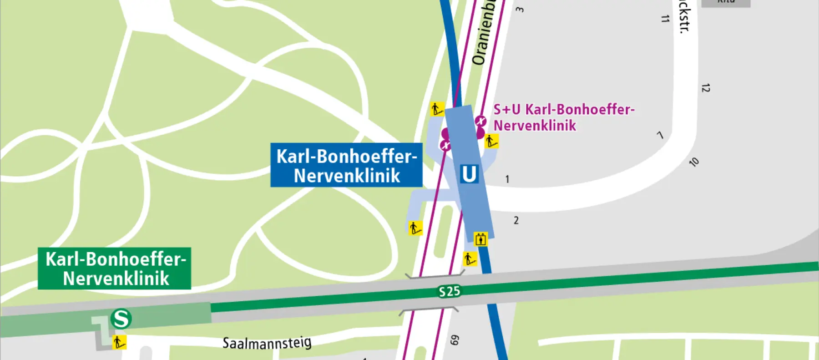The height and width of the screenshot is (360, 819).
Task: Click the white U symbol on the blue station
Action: pos(469,174)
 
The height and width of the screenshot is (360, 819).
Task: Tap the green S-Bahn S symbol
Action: pos(121,319)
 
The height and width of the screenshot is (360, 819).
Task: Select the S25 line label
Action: pos(449,291)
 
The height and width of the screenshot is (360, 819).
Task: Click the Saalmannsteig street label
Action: pos(267,343)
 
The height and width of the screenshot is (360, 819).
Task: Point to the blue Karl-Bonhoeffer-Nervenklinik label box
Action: pos(346,165)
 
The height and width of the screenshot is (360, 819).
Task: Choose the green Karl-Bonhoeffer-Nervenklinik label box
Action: pos(115,269)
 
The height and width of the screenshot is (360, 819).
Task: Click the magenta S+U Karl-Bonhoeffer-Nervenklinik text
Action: pos(563,117)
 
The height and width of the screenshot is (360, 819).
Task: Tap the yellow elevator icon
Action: pos(480,239)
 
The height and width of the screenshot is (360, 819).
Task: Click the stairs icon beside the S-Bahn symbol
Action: pos(119,342)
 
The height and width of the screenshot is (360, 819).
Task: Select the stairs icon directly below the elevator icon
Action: pos(470,259)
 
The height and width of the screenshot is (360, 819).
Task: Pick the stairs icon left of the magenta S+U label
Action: pos(491,141)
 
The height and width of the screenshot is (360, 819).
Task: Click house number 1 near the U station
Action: pos(507,179)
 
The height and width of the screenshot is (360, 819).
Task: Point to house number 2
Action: pos(516,220)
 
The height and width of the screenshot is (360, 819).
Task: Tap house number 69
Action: pos(455,340)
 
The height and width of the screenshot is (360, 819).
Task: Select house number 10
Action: pos(694,162)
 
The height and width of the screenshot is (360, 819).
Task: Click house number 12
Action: pos(705,88)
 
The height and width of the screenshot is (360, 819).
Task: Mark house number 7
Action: pos(660,135)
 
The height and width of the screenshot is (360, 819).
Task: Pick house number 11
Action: pos(665,19)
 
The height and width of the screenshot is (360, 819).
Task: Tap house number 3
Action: pos(520,9)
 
